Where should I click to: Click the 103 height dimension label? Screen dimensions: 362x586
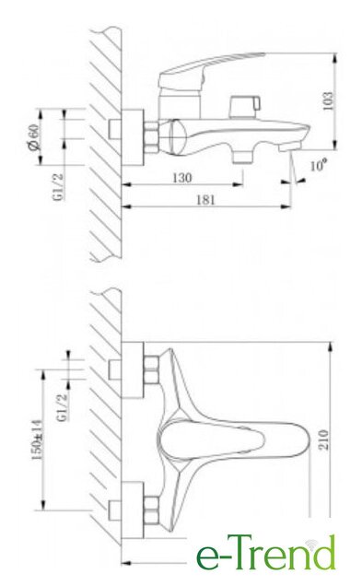coord(327,101)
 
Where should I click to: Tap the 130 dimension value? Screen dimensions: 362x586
coord(182,178)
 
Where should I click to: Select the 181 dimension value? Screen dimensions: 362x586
coord(205,200)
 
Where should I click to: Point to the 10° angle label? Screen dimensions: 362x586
coord(319,164)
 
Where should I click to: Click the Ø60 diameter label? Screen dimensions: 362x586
coord(33,137)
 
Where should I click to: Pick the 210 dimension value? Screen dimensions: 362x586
coord(323,439)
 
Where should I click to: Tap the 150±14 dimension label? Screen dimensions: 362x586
coord(37,439)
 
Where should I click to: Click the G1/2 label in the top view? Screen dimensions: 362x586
coord(58,187)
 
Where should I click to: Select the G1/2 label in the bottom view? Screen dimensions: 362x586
coord(63,407)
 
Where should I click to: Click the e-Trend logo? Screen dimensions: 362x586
coord(266,553)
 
